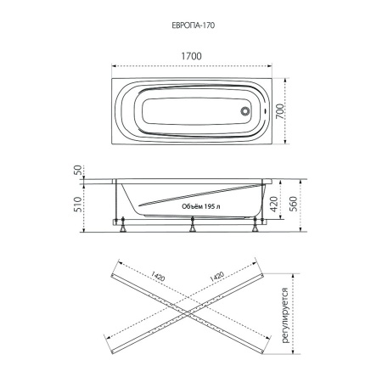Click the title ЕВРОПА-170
pos(194,25)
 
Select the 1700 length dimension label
pos(191,56)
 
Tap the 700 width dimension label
pos(279,111)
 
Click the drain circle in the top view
pos(245,111)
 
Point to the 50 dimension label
pos(77,170)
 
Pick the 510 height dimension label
pos(77,205)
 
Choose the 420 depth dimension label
pos(273,204)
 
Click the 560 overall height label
pos(294,204)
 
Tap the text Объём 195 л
pos(201,206)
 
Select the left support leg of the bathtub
pos(123,225)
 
